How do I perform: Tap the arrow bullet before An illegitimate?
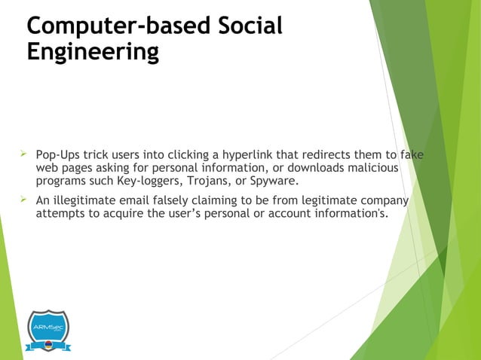pos(23,200)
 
